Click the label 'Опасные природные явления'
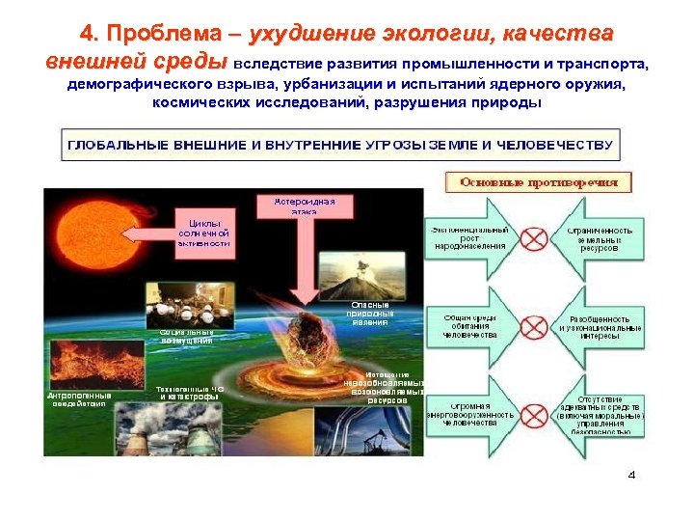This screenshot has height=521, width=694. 369,315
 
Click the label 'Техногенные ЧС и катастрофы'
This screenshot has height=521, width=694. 190,393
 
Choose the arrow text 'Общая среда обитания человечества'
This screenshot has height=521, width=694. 469,324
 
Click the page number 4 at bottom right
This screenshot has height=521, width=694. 631,475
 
